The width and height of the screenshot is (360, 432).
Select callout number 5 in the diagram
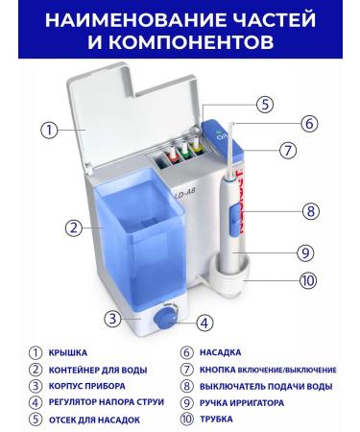266,105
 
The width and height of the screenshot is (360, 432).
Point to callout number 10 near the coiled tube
307,281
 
